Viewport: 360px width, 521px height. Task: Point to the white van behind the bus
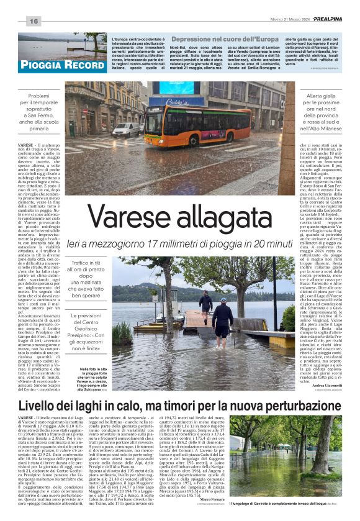pos(127,129)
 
